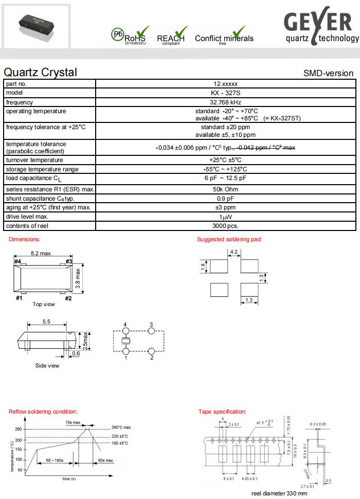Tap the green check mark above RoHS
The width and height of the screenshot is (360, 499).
click(x=142, y=31)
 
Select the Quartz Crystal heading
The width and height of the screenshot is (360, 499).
click(x=40, y=73)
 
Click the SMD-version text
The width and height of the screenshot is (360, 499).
click(x=328, y=73)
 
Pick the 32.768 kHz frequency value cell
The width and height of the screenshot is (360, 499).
click(x=225, y=102)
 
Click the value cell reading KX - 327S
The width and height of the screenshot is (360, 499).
click(x=225, y=93)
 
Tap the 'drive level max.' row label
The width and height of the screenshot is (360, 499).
click(x=27, y=217)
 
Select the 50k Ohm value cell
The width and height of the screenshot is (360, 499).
click(x=225, y=189)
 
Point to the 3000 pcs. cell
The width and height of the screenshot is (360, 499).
click(x=225, y=226)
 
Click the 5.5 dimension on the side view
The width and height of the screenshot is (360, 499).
click(x=46, y=321)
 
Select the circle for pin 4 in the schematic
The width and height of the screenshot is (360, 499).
click(x=125, y=331)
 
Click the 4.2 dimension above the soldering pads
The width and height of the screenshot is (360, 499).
click(x=233, y=252)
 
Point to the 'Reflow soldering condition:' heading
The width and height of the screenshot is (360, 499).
click(x=43, y=412)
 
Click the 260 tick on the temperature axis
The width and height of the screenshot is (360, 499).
click(x=19, y=429)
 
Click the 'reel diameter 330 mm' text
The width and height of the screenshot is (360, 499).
click(x=279, y=493)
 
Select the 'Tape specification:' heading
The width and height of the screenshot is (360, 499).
click(x=222, y=412)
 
